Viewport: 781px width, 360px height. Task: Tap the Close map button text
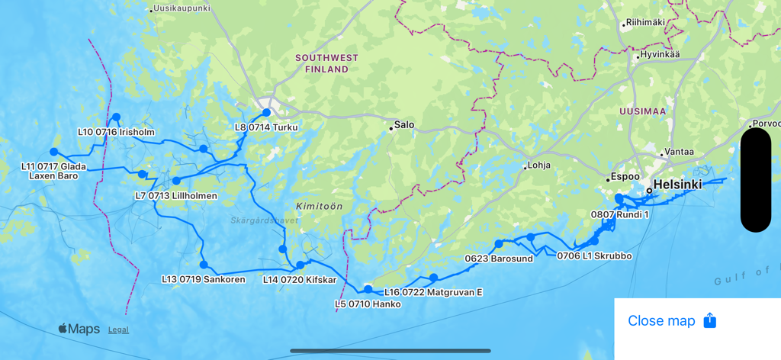point(661,321)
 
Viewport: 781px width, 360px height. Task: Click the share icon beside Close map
point(709,320)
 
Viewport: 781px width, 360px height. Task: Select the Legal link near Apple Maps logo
point(118,329)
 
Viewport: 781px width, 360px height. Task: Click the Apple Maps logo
point(79,329)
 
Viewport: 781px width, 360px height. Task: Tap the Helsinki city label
point(677,185)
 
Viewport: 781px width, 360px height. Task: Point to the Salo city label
point(403,124)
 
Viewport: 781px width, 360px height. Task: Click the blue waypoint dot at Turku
point(266,112)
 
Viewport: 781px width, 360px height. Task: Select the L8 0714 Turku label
point(266,127)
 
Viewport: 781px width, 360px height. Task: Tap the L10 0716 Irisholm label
point(116,132)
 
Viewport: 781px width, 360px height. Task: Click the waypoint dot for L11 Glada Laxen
point(53,152)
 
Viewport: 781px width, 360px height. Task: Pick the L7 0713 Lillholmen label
point(176,196)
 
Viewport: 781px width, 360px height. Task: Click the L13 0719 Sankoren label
point(204,279)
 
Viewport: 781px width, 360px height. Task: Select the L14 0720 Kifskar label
point(300,280)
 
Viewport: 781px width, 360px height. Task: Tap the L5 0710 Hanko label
point(368,304)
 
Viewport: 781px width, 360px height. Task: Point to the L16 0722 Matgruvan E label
point(433,292)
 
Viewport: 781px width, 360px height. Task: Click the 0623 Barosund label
point(500,259)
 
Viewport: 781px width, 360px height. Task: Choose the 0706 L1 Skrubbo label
point(594,256)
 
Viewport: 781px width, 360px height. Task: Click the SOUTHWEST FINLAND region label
point(326,63)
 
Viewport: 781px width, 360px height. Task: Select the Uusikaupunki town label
point(182,8)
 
